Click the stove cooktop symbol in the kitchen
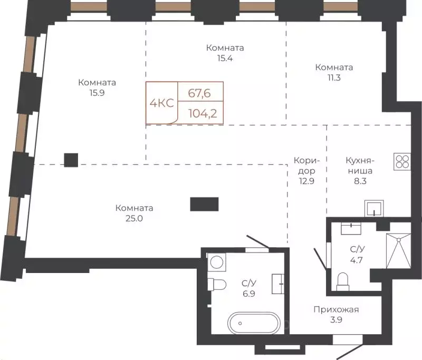click(x=402, y=162)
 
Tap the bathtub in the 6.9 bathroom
click(x=254, y=323)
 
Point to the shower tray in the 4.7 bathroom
click(x=399, y=251)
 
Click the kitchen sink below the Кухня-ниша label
click(x=374, y=208)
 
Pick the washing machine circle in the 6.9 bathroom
click(x=217, y=262)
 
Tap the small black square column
click(x=71, y=160)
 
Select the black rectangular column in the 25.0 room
click(x=204, y=204)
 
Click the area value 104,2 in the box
click(x=203, y=114)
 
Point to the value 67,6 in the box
click(x=199, y=93)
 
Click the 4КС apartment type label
click(x=162, y=103)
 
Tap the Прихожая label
click(x=336, y=309)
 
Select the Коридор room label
click(x=307, y=166)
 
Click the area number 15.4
click(x=225, y=58)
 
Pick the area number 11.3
click(x=334, y=77)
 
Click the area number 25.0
click(x=135, y=218)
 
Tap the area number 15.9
click(x=97, y=93)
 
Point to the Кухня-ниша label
click(x=360, y=166)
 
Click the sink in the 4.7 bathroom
click(x=351, y=228)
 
